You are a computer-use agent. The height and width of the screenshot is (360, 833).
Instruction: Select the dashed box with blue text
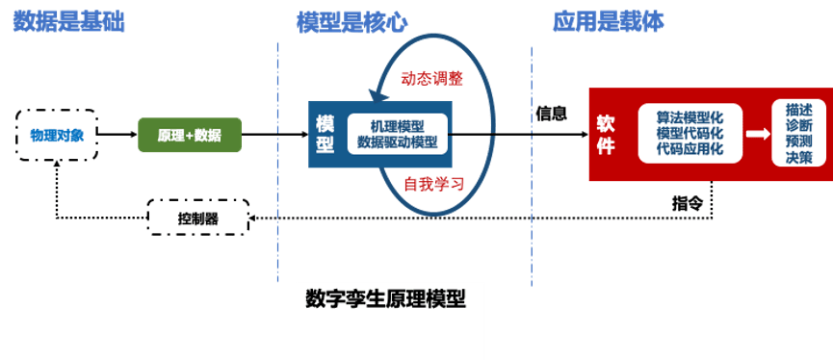point(57,135)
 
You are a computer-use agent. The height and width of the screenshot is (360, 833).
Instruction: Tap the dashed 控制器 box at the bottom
point(197,218)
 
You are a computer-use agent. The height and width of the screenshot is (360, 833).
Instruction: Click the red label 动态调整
point(433,79)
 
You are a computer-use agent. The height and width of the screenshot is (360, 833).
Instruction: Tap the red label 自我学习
point(433,183)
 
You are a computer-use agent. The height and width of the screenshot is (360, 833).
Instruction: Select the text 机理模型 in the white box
point(397,125)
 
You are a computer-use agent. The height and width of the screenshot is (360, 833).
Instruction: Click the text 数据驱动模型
point(397,141)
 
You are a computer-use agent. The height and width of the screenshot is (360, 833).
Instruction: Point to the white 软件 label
point(606,134)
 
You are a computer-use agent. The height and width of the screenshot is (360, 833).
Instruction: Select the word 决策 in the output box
point(798,157)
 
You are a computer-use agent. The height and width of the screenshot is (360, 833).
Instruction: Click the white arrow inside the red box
point(757,134)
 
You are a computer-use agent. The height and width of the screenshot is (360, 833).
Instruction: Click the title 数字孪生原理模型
point(385,298)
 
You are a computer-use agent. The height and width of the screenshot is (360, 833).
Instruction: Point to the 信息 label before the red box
point(551,113)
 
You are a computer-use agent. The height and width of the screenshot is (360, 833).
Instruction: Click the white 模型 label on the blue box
point(325,134)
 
